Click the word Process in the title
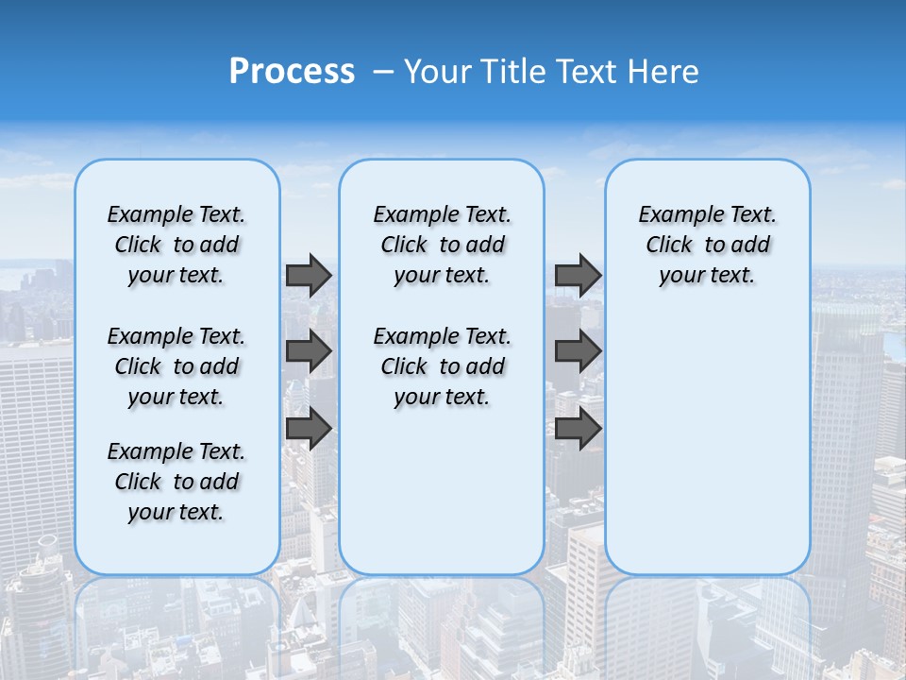coord(292,72)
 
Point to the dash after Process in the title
coord(383,73)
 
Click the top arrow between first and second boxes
coord(309,275)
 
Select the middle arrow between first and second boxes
coord(309,351)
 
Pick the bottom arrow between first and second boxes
coord(309,428)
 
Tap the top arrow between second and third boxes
coord(578,275)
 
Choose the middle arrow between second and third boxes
coord(578,351)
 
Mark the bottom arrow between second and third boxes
coord(578,428)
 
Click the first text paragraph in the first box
coord(176,245)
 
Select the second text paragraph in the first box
coord(176,366)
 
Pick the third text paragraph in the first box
coord(176,482)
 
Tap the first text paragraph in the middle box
coord(442,245)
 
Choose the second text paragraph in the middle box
coord(442,366)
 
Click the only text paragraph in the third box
coord(707,245)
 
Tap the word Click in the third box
coord(669,246)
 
